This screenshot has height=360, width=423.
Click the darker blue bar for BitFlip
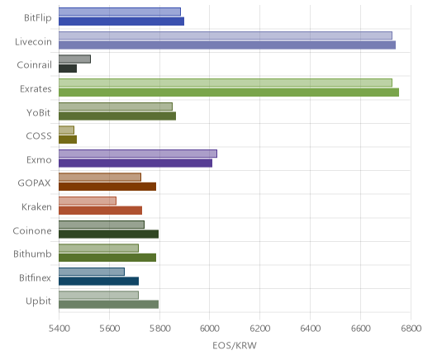coord(121,21)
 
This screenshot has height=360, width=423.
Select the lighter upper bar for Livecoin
coord(226,36)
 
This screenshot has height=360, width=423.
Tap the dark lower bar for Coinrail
coord(68,69)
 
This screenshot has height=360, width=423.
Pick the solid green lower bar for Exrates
coord(229,92)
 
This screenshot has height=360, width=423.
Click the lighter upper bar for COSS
coord(66,130)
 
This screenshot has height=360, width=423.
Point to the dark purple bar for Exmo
coord(135,163)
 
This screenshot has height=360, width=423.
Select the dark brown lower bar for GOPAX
coord(107,187)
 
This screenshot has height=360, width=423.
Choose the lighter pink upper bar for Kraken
coord(88,201)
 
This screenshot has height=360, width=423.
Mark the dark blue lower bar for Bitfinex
coord(99,282)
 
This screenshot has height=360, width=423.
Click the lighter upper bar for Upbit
coord(98,295)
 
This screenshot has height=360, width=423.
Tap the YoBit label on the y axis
coord(39,113)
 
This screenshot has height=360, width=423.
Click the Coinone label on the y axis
coord(32,230)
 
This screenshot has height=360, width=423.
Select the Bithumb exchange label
coord(32,253)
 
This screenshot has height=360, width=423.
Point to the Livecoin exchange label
coord(33,42)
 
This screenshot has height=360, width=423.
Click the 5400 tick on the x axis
coord(59,329)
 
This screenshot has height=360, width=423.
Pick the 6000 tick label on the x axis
coord(209,329)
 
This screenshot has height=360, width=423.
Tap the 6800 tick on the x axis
coord(411,329)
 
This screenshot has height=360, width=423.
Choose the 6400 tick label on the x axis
coord(310,329)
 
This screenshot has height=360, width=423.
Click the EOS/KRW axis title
coord(235,345)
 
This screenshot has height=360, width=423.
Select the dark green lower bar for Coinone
coord(109,234)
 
